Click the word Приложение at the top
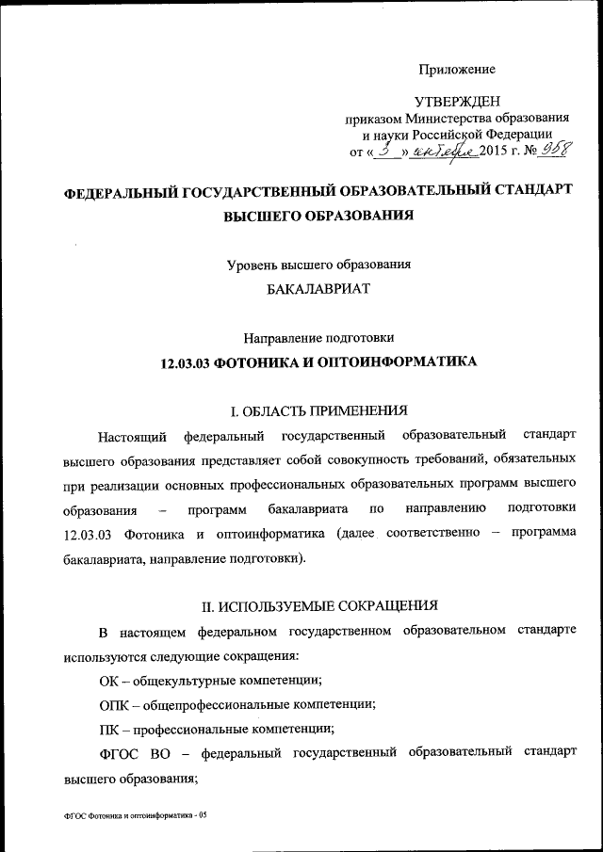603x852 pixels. (457, 69)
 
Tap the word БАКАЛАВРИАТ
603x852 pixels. (318, 289)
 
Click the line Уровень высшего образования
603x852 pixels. (318, 265)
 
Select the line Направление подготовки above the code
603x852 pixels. (318, 336)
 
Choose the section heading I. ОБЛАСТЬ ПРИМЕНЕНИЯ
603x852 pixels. (318, 410)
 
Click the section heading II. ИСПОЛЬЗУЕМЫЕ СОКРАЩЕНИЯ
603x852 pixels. (318, 603)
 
